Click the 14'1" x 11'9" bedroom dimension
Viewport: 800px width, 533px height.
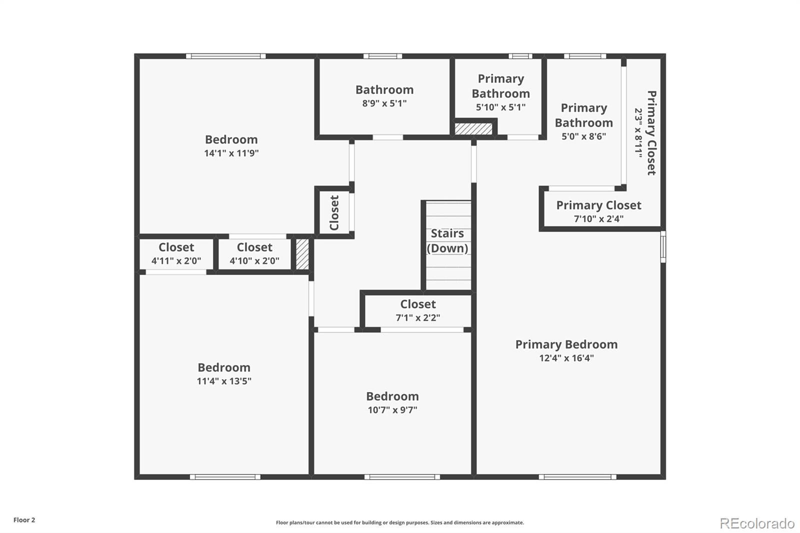click(x=231, y=153)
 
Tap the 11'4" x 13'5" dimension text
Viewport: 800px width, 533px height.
click(x=224, y=381)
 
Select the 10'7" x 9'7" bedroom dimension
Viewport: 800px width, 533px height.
click(x=392, y=410)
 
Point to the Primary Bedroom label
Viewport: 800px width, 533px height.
click(x=566, y=344)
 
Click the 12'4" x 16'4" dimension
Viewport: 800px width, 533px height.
click(x=566, y=358)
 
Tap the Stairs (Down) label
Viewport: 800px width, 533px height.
click(x=447, y=241)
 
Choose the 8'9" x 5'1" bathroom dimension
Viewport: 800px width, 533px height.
click(x=384, y=103)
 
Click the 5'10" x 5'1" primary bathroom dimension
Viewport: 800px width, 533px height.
click(x=500, y=107)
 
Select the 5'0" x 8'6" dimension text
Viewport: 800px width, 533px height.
click(x=584, y=136)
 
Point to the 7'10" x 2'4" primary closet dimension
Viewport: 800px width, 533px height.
click(x=598, y=218)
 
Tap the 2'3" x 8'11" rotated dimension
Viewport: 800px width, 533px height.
click(x=638, y=133)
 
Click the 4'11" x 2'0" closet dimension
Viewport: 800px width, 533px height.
click(x=176, y=261)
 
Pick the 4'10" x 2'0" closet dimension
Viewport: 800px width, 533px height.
click(x=254, y=261)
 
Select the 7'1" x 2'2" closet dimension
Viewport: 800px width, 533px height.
click(x=418, y=317)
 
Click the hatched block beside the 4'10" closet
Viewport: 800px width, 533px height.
click(x=302, y=254)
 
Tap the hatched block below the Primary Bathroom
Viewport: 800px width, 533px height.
click(x=473, y=129)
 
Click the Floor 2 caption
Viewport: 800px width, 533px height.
click(x=24, y=520)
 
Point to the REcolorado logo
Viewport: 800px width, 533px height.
click(x=757, y=523)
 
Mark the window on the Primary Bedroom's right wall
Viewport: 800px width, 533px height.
click(x=663, y=247)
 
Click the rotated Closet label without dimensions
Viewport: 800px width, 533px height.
click(x=334, y=212)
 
